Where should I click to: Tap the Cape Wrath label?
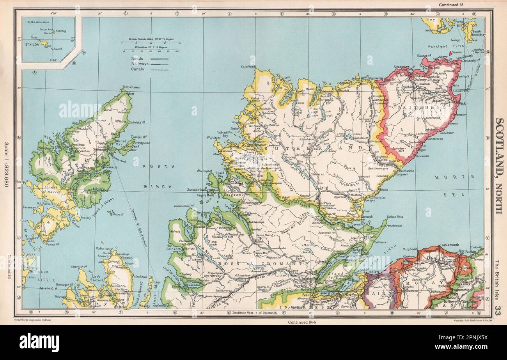[249, 66]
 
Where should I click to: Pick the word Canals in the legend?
[138, 69]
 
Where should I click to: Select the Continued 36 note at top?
[452, 5]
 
